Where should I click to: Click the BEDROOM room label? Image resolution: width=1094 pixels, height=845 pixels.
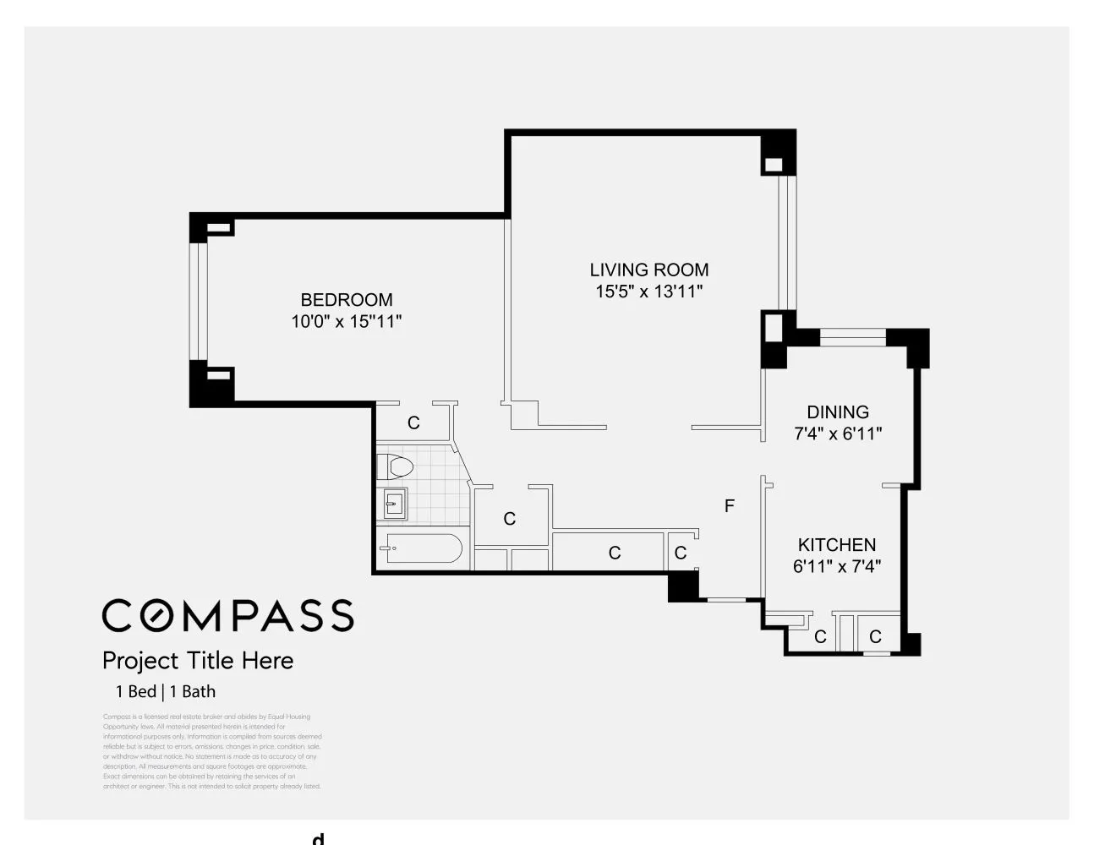tap(347, 300)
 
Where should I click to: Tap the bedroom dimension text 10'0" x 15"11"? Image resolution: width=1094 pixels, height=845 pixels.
tap(347, 322)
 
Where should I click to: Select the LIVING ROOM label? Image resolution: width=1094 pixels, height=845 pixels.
tap(649, 270)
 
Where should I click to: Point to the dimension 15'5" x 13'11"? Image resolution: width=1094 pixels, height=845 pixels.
tap(649, 292)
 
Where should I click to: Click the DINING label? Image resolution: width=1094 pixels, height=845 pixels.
tap(838, 412)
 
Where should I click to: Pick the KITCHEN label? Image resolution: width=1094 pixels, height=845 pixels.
tap(837, 545)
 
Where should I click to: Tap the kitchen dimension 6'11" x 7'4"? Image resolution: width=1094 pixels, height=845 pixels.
tap(837, 566)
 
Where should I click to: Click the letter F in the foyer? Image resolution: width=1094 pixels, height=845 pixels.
tap(730, 506)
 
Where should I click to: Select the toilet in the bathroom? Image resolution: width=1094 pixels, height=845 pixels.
tap(395, 466)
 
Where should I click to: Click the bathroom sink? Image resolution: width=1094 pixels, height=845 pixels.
tap(393, 504)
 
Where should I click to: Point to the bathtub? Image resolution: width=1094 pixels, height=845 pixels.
tap(420, 548)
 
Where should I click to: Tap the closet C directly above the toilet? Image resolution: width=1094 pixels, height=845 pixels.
tap(413, 422)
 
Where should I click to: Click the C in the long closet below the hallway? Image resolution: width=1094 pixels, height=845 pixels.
tap(615, 553)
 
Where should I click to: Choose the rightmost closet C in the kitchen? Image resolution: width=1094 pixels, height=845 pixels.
tap(876, 636)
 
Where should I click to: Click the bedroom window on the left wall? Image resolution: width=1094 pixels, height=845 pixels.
tap(199, 301)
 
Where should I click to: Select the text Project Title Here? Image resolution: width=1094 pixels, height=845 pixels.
tap(198, 660)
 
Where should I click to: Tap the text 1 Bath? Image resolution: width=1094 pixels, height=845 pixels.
tap(193, 691)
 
